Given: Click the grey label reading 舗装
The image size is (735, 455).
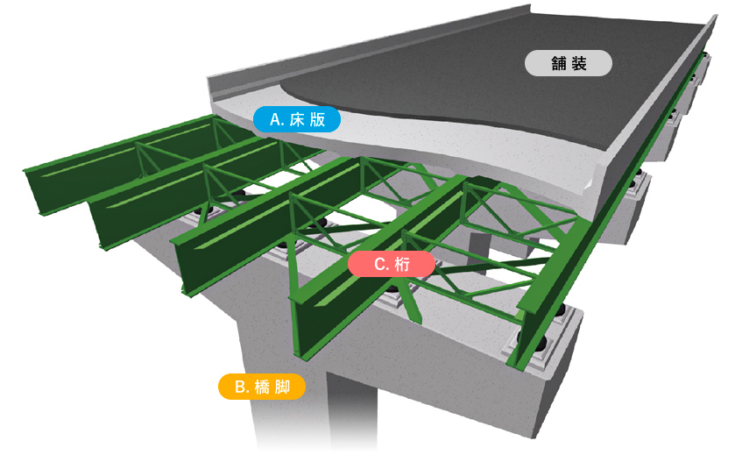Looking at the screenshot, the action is coord(569,63).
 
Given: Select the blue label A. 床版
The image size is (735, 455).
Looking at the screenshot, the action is coord(297,119).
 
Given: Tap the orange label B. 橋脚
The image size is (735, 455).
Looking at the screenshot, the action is coord(262,387).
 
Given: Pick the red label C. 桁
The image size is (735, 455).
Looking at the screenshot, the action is coord(392,264).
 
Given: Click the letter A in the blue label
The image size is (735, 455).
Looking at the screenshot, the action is coord(276,119).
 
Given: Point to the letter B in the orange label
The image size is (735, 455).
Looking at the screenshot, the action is coord(240,387).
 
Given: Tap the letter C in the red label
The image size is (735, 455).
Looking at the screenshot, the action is coord(379,265).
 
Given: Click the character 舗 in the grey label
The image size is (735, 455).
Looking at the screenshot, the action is coord(559,63).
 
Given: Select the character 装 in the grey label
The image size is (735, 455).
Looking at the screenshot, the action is coord(579,63).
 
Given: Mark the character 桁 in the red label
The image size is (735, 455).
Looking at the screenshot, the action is coord(402,265).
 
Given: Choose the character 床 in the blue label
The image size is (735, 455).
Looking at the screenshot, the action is coord(297,119).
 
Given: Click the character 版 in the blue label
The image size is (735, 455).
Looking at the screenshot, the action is coord(317,119).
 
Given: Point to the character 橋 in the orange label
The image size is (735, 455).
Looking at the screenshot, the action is coord(262,387).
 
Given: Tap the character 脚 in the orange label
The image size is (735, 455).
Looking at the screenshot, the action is coord(282,387).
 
